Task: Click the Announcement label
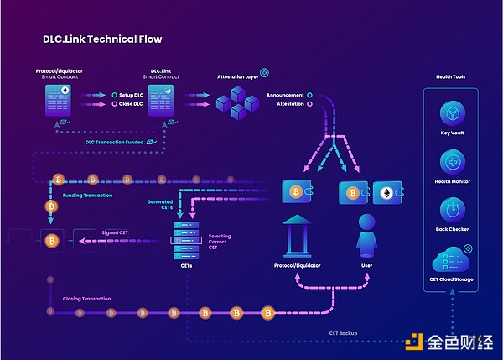[x=284, y=95]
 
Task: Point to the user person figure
[x=366, y=236]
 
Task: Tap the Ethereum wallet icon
[x=386, y=193]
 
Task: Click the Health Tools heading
[x=451, y=76]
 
